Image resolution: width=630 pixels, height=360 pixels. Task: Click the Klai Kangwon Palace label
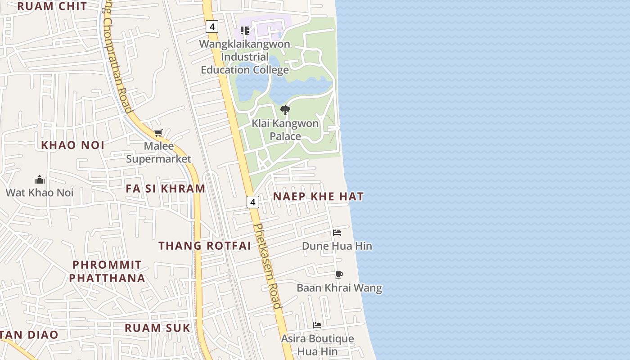285,130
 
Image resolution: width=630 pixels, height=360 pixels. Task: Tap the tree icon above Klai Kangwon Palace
285,110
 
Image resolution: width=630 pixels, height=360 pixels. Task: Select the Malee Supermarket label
158,153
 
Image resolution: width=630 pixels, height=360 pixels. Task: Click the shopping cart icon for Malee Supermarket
158,133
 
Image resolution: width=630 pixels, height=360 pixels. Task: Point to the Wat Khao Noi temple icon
40,180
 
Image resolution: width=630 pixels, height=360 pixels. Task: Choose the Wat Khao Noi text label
40,193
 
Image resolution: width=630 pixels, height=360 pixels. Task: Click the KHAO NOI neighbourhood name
73,145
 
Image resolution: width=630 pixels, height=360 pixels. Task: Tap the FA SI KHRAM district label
165,189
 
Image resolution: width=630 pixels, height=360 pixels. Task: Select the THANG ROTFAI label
205,246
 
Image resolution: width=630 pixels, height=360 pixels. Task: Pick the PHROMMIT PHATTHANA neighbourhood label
107,271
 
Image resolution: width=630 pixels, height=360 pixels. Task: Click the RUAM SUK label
157,328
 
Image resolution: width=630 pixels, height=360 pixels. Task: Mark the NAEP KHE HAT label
318,197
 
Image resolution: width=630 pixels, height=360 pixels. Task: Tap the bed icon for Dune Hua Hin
337,233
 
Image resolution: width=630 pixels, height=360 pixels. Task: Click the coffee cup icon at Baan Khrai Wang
339,274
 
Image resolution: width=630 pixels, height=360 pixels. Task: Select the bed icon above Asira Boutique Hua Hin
317,325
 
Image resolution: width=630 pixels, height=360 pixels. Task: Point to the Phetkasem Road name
267,265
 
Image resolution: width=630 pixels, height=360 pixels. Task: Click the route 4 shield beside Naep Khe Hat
253,202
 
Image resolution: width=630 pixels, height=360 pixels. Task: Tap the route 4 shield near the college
211,27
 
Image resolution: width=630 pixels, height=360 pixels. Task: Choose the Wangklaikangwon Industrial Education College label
245,57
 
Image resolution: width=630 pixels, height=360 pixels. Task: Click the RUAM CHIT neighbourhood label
52,6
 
